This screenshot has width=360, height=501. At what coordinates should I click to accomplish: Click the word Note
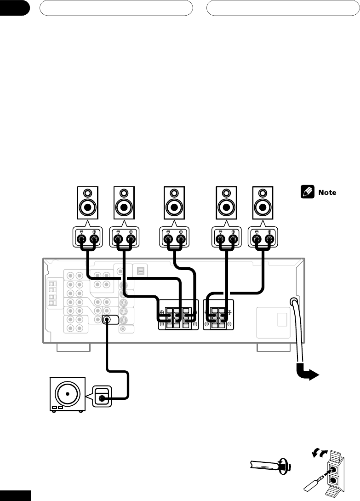tap(327, 192)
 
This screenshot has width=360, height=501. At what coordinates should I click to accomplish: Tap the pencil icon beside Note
tap(307, 192)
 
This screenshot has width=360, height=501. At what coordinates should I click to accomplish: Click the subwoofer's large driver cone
tap(68, 394)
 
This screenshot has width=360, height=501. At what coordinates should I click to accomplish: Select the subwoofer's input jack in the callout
tap(102, 398)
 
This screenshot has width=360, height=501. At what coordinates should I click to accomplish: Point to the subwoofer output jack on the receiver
tap(107, 319)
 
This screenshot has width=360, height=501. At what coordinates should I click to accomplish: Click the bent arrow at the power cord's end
tap(307, 373)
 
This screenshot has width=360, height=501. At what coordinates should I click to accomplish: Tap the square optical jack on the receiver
tap(141, 271)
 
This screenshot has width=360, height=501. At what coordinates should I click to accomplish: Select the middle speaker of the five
tap(174, 202)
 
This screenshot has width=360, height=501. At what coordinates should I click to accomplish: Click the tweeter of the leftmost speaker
tap(87, 193)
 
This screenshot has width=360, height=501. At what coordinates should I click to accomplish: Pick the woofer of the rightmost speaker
tap(263, 207)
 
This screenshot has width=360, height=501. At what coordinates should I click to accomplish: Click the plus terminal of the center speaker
tap(181, 239)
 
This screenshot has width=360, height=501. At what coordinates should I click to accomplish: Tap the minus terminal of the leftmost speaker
tap(81, 239)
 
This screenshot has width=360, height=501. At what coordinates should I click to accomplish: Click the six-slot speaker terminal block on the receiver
tap(178, 315)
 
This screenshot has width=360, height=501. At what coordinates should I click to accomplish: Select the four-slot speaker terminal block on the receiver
tap(218, 315)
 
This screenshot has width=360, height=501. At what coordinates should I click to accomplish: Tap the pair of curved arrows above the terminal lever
tap(320, 453)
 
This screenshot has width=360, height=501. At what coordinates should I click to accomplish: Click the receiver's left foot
tap(74, 348)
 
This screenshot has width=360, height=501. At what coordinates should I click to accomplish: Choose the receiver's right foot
tap(274, 348)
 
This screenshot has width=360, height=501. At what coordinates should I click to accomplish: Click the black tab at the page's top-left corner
tap(14, 8)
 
